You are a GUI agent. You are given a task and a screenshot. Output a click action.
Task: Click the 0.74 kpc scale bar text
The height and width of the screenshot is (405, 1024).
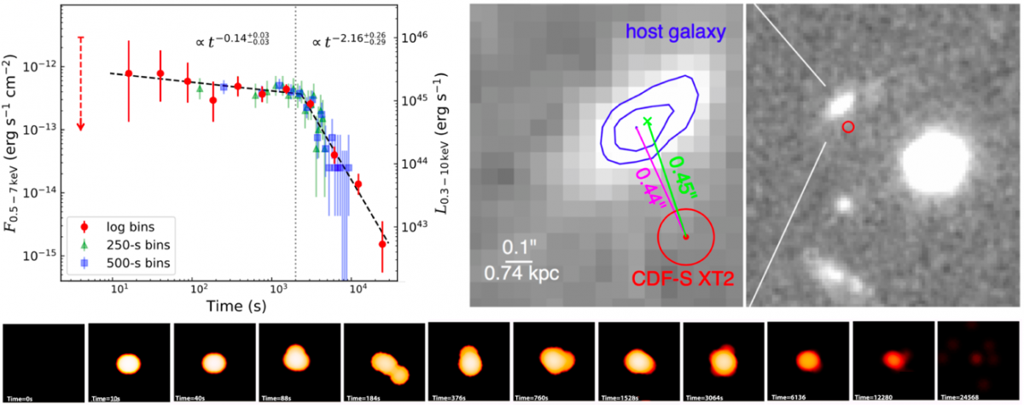tap(517, 275)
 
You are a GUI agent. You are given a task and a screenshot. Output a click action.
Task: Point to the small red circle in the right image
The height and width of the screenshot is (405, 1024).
tap(848, 127)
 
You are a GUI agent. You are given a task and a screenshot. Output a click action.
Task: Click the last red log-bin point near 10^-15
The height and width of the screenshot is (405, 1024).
tap(381, 244)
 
